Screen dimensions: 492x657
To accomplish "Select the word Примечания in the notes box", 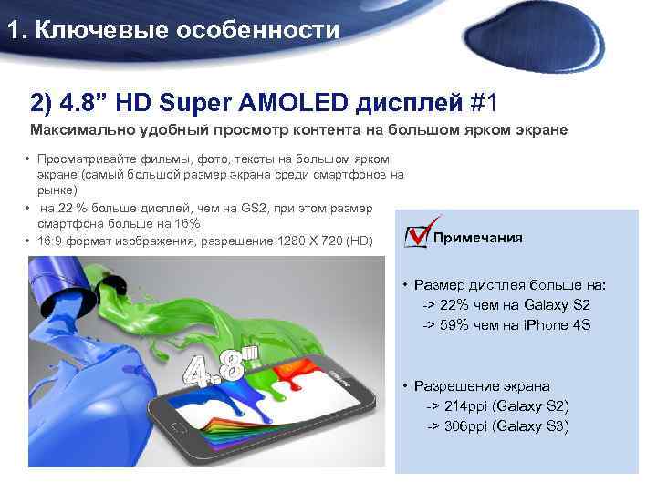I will [x=478, y=238].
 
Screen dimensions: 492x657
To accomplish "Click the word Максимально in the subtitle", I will [x=78, y=130].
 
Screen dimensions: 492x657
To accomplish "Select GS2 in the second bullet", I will [x=247, y=208].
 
